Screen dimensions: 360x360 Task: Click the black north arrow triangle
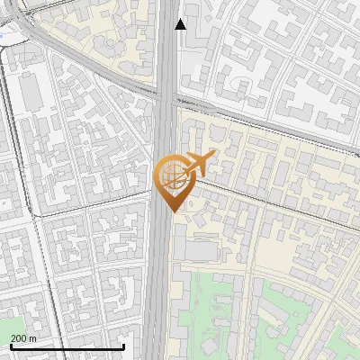[x=181, y=24]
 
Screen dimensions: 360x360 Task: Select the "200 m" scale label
[x=23, y=338]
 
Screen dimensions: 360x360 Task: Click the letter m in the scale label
[x=32, y=338]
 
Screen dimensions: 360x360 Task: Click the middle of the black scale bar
[x=67, y=346]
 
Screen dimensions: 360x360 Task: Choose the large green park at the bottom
[x=216, y=315]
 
